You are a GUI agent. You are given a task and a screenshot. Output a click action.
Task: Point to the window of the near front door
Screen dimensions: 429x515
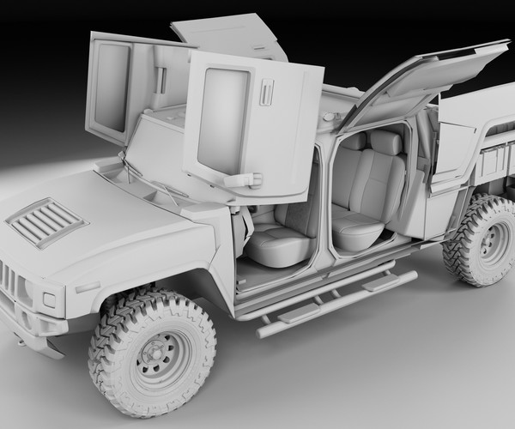coord(222,118)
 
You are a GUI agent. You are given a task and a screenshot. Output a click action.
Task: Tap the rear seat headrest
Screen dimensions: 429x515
coord(385,142)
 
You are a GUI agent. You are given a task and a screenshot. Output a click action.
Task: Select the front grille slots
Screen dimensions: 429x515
coord(7,279)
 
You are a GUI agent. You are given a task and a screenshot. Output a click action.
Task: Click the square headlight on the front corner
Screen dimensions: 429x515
coord(48,300)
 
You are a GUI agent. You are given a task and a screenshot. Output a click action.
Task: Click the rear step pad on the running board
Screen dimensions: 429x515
coord(379,281)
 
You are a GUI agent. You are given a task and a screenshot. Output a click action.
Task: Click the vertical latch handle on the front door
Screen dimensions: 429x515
coord(266,93)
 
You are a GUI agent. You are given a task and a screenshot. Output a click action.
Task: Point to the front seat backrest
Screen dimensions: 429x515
coord(300,206)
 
